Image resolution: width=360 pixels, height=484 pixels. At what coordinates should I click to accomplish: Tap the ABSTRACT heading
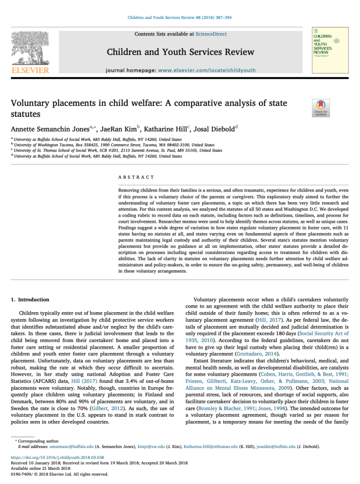pyautogui.click(x=136, y=177)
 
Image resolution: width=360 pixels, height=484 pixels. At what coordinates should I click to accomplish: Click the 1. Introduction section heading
pyautogui.click(x=30, y=299)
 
